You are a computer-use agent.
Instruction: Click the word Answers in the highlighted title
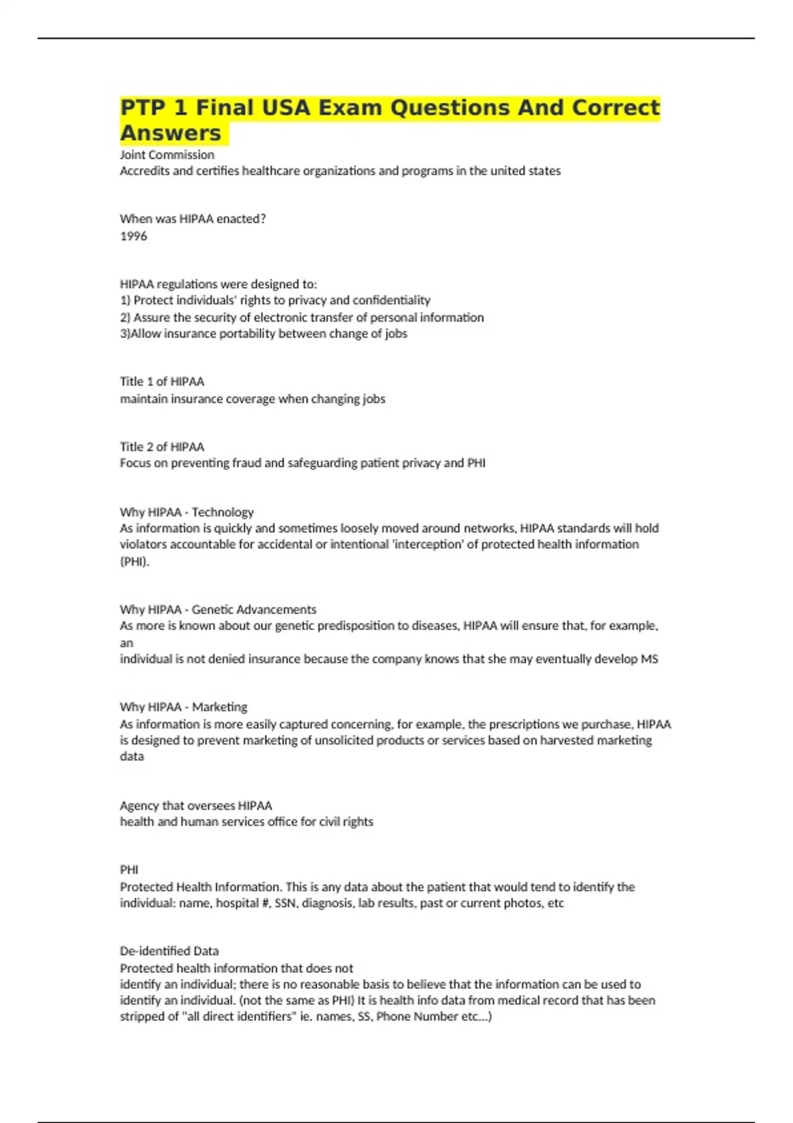(170, 133)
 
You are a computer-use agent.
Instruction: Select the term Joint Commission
(167, 155)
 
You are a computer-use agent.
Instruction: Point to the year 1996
(133, 236)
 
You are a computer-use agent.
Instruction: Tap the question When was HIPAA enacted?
(193, 219)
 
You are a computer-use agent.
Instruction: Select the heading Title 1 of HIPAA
(162, 381)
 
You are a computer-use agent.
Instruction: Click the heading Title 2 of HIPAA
(162, 447)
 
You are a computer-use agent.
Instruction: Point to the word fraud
(246, 463)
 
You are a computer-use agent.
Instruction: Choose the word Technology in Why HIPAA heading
(223, 512)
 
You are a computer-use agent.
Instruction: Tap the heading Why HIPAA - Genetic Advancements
(218, 609)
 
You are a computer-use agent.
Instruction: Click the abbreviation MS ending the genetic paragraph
(649, 659)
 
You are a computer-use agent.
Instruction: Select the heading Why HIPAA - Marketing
(184, 707)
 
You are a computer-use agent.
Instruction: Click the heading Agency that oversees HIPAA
(196, 805)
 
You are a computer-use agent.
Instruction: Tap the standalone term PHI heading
(129, 870)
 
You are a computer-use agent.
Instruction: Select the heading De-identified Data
(169, 951)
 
